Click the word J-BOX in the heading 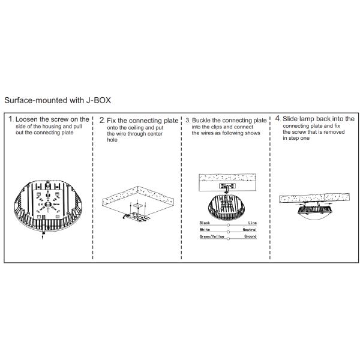point(98,100)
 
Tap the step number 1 point(10,119)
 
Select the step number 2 point(102,120)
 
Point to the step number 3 point(188,121)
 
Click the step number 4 point(278,118)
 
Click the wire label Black point(205,223)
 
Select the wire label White point(205,230)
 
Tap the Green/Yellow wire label point(212,236)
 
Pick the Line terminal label point(253,223)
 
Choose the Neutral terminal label point(250,230)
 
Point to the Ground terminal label point(250,236)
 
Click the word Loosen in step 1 point(26,119)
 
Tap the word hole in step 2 point(112,140)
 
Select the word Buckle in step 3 point(201,121)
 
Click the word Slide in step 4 point(290,119)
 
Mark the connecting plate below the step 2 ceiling point(137,217)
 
